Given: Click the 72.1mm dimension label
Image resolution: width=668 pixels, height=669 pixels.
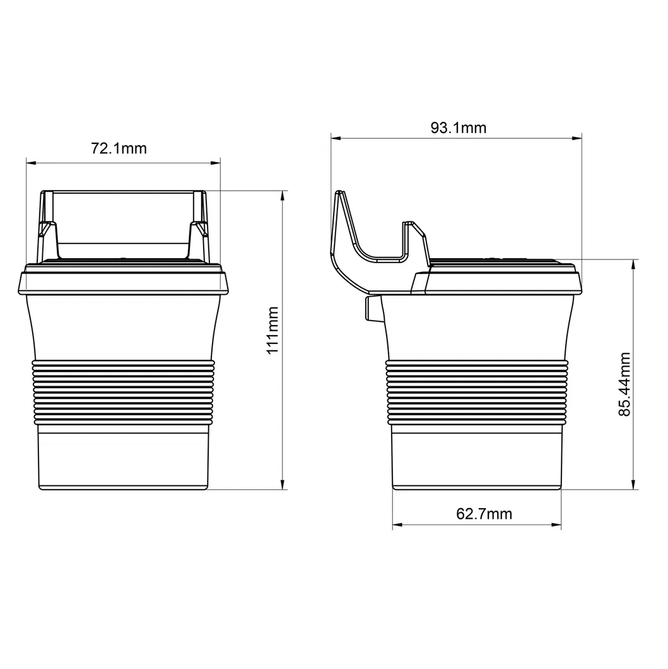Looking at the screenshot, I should click(119, 149).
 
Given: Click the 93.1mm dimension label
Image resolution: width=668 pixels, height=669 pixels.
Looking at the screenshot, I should click(459, 128).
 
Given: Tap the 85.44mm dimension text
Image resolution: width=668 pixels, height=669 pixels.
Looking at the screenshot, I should click(624, 384).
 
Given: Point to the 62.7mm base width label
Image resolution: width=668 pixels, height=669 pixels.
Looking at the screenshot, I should click(484, 514).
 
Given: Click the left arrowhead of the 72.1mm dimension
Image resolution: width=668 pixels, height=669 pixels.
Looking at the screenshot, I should click(30, 163).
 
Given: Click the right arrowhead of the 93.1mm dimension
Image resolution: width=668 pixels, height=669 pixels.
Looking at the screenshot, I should click(578, 137).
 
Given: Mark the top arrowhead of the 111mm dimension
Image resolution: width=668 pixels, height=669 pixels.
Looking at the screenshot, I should click(282, 194).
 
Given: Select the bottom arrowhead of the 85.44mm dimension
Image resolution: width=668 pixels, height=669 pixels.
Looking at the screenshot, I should click(633, 485).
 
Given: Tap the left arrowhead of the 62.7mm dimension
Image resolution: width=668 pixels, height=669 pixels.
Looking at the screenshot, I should click(396, 524).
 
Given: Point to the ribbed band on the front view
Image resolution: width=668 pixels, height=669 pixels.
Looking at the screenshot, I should click(124, 391).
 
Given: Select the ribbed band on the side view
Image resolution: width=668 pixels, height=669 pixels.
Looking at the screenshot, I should click(478, 391).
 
